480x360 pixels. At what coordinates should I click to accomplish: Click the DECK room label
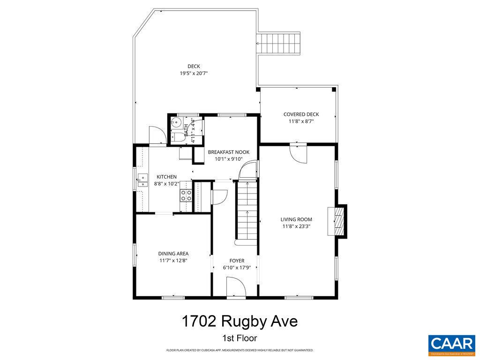(194, 66)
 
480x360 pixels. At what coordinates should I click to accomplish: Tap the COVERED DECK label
(301, 114)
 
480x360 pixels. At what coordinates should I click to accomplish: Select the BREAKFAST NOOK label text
(229, 152)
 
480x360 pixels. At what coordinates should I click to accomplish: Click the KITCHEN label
(166, 177)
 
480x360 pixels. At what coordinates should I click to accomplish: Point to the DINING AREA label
(173, 254)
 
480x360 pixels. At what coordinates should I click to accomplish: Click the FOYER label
(237, 261)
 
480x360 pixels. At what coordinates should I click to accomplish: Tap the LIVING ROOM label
(296, 219)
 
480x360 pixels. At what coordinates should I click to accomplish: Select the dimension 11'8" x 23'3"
(296, 226)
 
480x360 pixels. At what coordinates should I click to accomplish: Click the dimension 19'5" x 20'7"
(194, 74)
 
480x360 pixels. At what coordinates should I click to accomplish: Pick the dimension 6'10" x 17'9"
(237, 268)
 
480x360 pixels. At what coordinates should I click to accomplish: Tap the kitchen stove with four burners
(186, 195)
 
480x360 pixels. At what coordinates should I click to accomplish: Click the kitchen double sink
(142, 181)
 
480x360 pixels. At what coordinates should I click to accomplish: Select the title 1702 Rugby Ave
(240, 322)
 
